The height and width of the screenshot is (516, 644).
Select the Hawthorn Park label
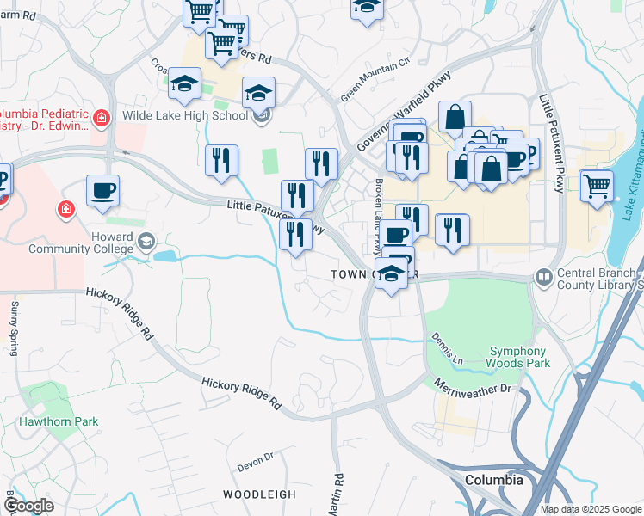coord(59,422)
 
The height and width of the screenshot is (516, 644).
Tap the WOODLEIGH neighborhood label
coord(259,494)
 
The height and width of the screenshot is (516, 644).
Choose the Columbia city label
coord(493,480)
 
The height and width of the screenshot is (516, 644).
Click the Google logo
coord(28,506)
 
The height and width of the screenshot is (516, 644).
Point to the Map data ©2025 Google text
coord(591,509)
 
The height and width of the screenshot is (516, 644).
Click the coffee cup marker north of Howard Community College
coord(102,190)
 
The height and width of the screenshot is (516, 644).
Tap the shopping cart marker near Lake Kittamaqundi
coord(596,186)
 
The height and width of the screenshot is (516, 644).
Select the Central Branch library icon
coord(543,277)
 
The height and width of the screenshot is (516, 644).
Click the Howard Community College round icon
coord(146,243)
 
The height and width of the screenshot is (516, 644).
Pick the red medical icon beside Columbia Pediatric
coord(102,116)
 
